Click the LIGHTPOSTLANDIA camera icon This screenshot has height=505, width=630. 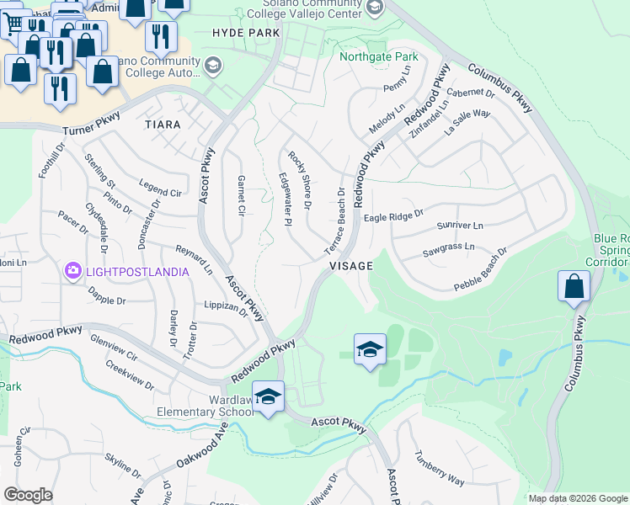[72, 271]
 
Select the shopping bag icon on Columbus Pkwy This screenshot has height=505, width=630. [574, 286]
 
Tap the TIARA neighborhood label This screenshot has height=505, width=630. [163, 125]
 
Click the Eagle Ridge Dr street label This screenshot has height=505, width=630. [392, 216]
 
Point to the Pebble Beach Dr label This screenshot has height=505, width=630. [481, 268]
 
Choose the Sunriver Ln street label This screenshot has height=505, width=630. [460, 226]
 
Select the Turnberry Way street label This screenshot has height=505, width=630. [439, 469]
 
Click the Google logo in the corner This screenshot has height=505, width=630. [28, 495]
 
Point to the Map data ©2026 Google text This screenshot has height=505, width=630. [577, 498]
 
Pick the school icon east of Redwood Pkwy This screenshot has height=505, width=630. [370, 350]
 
